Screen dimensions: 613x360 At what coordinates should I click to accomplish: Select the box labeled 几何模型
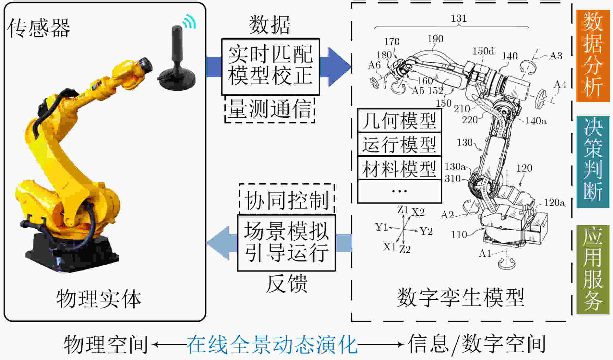point(399,120)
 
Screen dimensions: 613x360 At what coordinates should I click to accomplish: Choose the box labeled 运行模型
point(399,144)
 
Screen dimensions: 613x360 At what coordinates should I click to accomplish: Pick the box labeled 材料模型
point(399,168)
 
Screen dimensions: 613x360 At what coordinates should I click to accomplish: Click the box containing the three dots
point(399,191)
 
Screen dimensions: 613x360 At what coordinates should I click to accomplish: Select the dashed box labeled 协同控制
point(287,199)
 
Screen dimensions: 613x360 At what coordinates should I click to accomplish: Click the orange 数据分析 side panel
point(593,55)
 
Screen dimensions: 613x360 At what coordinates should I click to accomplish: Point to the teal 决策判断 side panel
point(593,162)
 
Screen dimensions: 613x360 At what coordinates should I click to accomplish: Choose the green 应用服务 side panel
point(593,270)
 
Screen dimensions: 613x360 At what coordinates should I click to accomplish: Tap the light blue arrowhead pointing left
point(218,243)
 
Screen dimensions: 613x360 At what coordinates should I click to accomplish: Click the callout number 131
point(459,18)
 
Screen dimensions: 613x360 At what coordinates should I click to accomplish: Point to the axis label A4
point(560,85)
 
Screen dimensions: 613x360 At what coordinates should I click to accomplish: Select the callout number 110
point(459,234)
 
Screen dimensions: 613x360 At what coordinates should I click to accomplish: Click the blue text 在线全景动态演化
point(272,344)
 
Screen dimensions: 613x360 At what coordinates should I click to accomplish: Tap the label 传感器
point(39,28)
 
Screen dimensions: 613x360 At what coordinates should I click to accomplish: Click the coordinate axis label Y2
point(426,231)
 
